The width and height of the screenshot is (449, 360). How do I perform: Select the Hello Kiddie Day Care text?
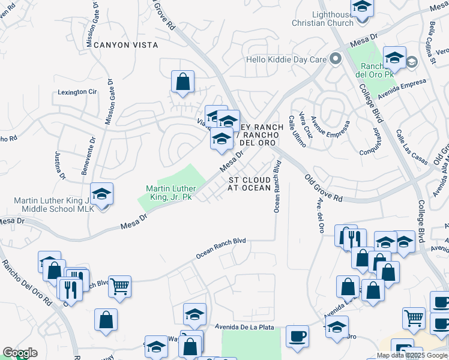(285, 59)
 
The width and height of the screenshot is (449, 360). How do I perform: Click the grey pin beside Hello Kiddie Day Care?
(336, 59)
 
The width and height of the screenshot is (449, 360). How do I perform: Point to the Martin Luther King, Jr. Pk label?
(171, 193)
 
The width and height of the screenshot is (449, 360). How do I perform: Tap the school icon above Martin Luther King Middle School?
(102, 194)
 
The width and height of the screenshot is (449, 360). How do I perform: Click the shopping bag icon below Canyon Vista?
(182, 81)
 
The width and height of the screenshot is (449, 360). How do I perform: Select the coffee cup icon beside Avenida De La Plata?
(297, 335)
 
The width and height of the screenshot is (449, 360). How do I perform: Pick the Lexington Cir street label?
(77, 92)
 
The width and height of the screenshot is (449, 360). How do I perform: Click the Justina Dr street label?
(60, 166)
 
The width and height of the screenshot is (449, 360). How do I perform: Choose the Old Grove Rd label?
(323, 188)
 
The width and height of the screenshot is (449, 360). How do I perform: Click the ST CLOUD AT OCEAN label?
(249, 184)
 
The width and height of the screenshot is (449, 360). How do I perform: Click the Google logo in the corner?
(20, 353)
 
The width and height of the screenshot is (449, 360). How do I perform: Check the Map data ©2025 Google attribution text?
(412, 355)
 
